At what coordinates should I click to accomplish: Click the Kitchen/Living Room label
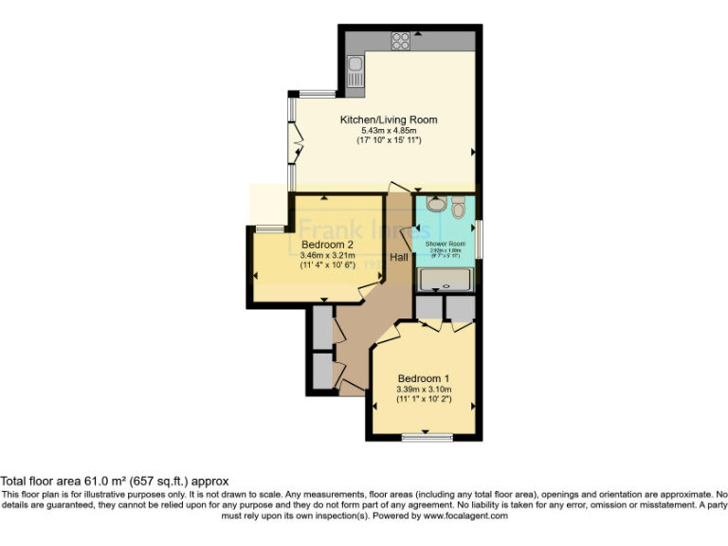pyautogui.click(x=389, y=119)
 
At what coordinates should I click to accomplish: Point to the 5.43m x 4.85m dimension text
pyautogui.click(x=389, y=130)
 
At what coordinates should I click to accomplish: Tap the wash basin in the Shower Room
pyautogui.click(x=435, y=204)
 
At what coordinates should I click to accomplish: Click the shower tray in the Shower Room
pyautogui.click(x=446, y=279)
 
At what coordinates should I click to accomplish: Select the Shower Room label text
pyautogui.click(x=445, y=244)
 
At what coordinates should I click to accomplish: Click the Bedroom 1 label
pyautogui.click(x=424, y=377)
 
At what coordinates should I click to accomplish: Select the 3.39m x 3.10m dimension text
pyautogui.click(x=424, y=389)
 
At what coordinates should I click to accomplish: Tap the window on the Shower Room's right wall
pyautogui.click(x=479, y=238)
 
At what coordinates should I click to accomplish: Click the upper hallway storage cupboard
pyautogui.click(x=320, y=330)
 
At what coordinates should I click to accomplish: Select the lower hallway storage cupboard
pyautogui.click(x=320, y=372)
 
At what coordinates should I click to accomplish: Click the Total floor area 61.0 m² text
pyautogui.click(x=114, y=482)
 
